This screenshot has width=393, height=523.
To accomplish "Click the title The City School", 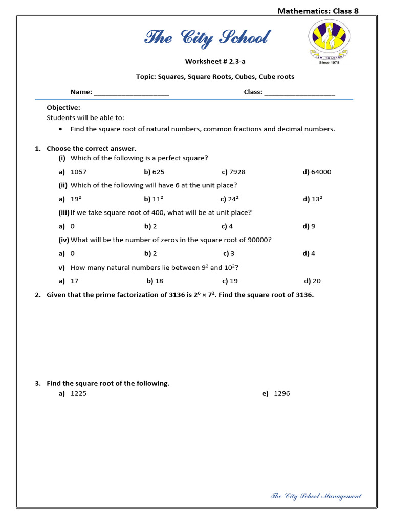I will tap(207, 38).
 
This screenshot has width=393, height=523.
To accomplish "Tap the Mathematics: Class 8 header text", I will tap(318, 11).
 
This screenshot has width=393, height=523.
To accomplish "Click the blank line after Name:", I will tap(132, 92).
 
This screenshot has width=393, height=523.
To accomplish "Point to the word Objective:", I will tap(63, 108).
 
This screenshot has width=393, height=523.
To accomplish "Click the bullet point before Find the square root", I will tap(61, 129).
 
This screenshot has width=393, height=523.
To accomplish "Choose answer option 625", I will tap(158, 172).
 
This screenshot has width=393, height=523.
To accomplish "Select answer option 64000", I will tap(321, 172).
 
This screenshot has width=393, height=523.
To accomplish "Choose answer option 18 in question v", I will tap(159, 281).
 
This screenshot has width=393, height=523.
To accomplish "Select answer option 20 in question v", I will tap(316, 281).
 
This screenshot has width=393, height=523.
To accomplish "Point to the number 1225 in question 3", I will tap(78, 394).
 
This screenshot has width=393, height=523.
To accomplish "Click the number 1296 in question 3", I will tap(282, 394).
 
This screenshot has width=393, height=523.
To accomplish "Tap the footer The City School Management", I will tap(315, 496).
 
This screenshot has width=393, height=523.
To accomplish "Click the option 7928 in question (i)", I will tap(237, 172).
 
